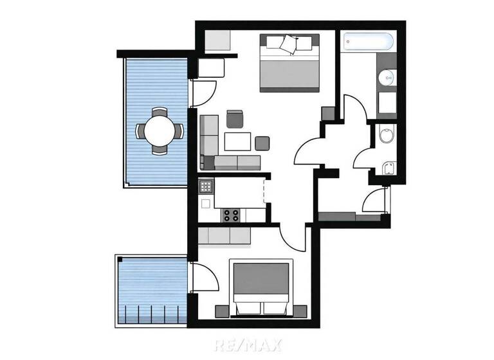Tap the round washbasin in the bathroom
pos(387,78)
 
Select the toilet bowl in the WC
pos(386,136)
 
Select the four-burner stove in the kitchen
pos(231,215)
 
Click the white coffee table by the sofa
pos(237,141)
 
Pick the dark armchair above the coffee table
pos(235,119)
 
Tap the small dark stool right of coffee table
pos(262,143)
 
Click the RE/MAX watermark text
pos(248,345)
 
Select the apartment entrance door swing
pos(376,201)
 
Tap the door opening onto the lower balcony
pos(205,278)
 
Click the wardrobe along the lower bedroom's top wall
pos(224,236)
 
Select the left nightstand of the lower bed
pos(222,310)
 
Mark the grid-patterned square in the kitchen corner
pos(206,186)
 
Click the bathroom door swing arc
pos(354,110)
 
